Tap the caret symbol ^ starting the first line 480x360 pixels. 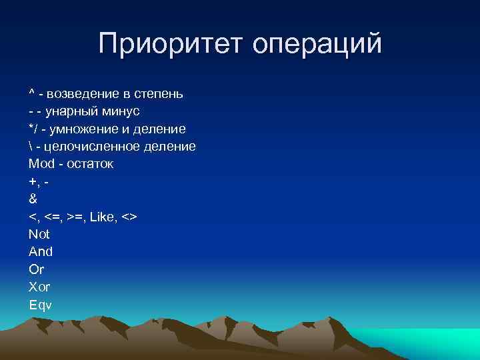[x=31, y=93]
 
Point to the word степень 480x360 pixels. [x=159, y=94]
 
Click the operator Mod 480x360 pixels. [x=41, y=163]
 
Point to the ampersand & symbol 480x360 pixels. [x=33, y=199]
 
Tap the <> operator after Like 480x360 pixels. [x=130, y=217]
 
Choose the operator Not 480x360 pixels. [x=39, y=234]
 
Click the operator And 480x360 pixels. [x=40, y=252]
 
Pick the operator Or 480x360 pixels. [x=36, y=269]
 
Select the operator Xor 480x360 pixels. [x=39, y=287]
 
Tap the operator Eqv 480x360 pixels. [x=40, y=305]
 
